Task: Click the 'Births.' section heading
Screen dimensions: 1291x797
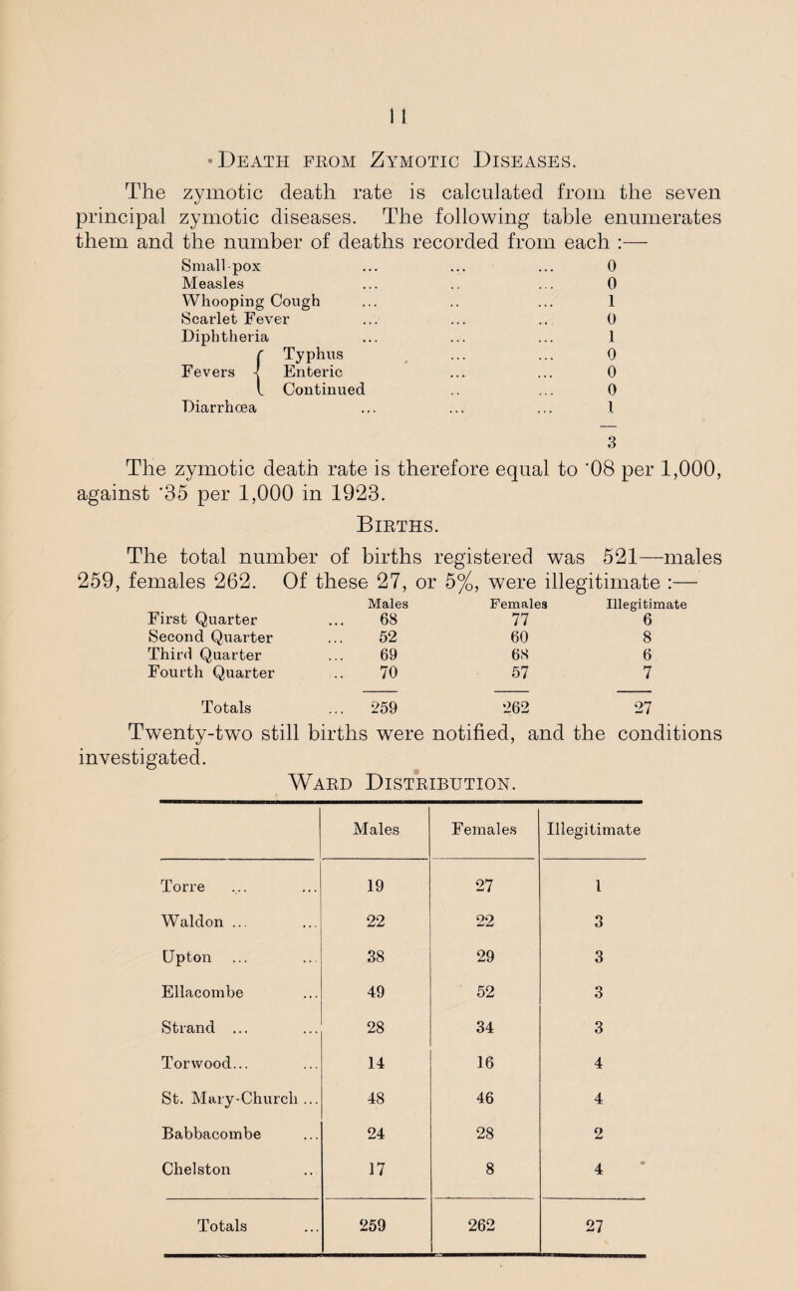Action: click(398, 529)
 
